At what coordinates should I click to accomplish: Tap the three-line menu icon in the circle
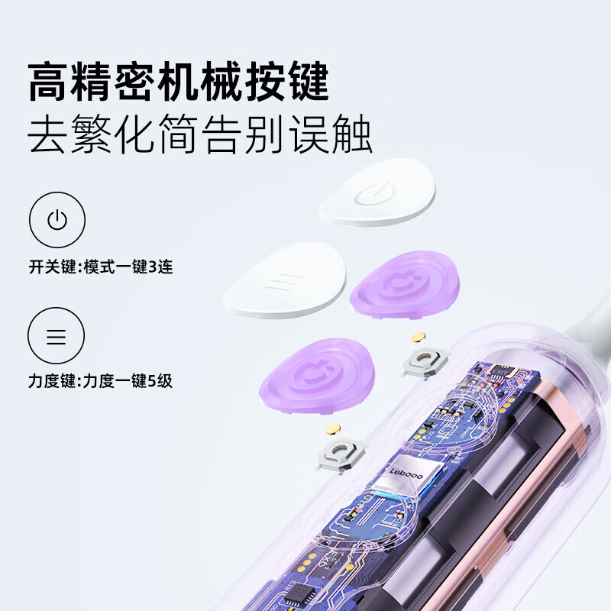pyautogui.click(x=57, y=336)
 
